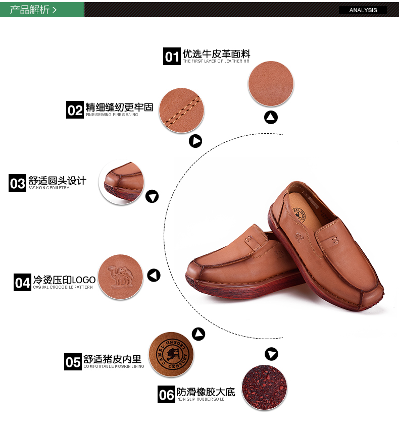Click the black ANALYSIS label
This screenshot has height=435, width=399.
(x=363, y=10)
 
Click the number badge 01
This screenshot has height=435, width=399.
(x=172, y=57)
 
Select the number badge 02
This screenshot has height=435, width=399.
(x=75, y=110)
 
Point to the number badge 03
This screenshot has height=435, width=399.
(x=17, y=183)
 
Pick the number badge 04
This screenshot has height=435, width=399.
(x=22, y=283)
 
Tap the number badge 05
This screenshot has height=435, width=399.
(x=73, y=362)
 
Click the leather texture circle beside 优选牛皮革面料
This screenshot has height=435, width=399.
(x=271, y=83)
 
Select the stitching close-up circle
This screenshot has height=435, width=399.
(x=182, y=111)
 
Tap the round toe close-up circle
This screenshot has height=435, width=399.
(x=121, y=183)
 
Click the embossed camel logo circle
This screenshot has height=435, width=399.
(x=121, y=277)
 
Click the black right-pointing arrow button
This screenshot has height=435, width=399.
(x=195, y=141)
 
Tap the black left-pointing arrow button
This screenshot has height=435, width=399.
(x=154, y=275)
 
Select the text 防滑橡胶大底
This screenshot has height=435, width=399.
(x=206, y=392)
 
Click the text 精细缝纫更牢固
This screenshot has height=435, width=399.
(x=119, y=107)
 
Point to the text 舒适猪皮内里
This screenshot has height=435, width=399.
(x=112, y=359)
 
